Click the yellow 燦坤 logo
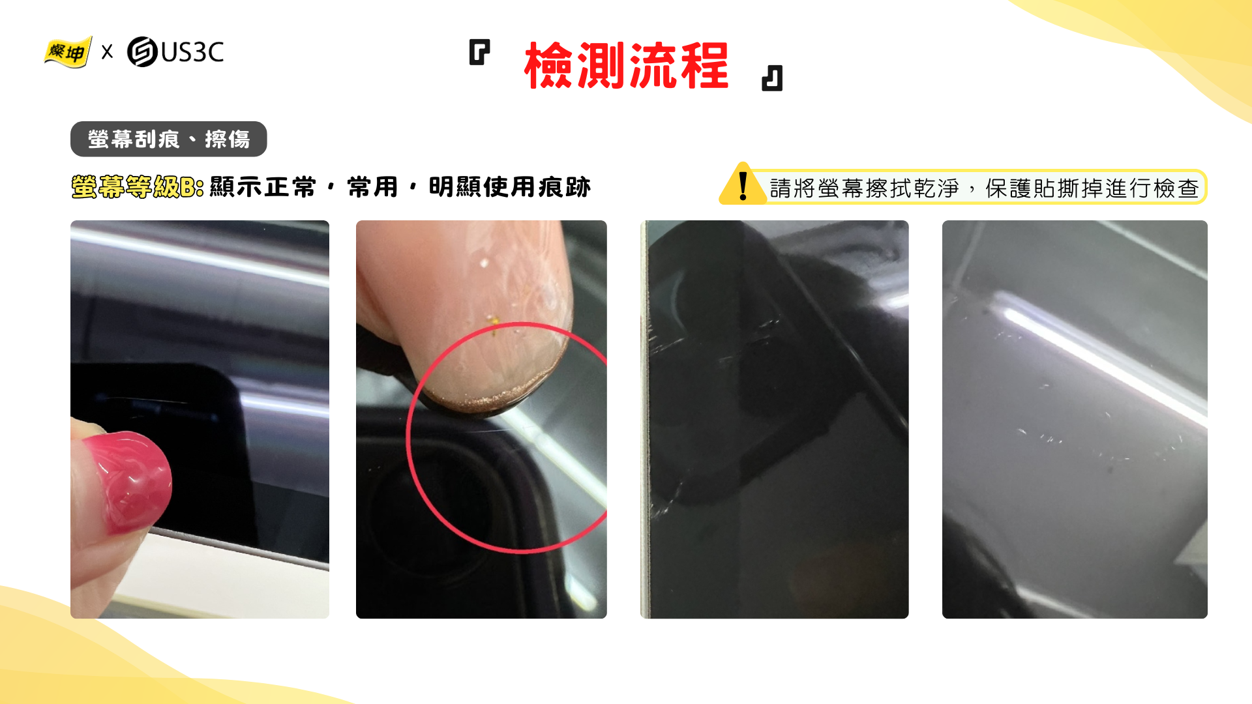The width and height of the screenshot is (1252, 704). pos(67,52)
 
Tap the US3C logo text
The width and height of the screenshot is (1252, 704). pos(192,52)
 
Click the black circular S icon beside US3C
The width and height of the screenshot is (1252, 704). pos(142,52)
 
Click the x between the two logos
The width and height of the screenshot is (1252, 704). pos(108,52)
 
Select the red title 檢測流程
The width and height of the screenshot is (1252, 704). pos(626,65)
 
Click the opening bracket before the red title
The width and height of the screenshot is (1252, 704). pos(479,52)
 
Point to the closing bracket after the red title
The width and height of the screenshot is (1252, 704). pos(772,78)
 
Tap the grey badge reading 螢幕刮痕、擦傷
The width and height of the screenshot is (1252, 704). pos(169,139)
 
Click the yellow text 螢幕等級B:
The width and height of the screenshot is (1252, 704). pos(138,187)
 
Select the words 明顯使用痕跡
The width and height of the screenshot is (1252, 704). pos(510,187)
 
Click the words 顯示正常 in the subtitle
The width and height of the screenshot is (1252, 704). pos(263,187)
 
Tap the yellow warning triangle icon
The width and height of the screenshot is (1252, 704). pos(743,184)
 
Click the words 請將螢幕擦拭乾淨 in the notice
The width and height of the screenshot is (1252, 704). pos(864,188)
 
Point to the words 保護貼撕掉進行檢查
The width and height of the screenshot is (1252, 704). pos(1092,188)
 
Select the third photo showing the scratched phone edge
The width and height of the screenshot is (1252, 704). pos(775,419)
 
